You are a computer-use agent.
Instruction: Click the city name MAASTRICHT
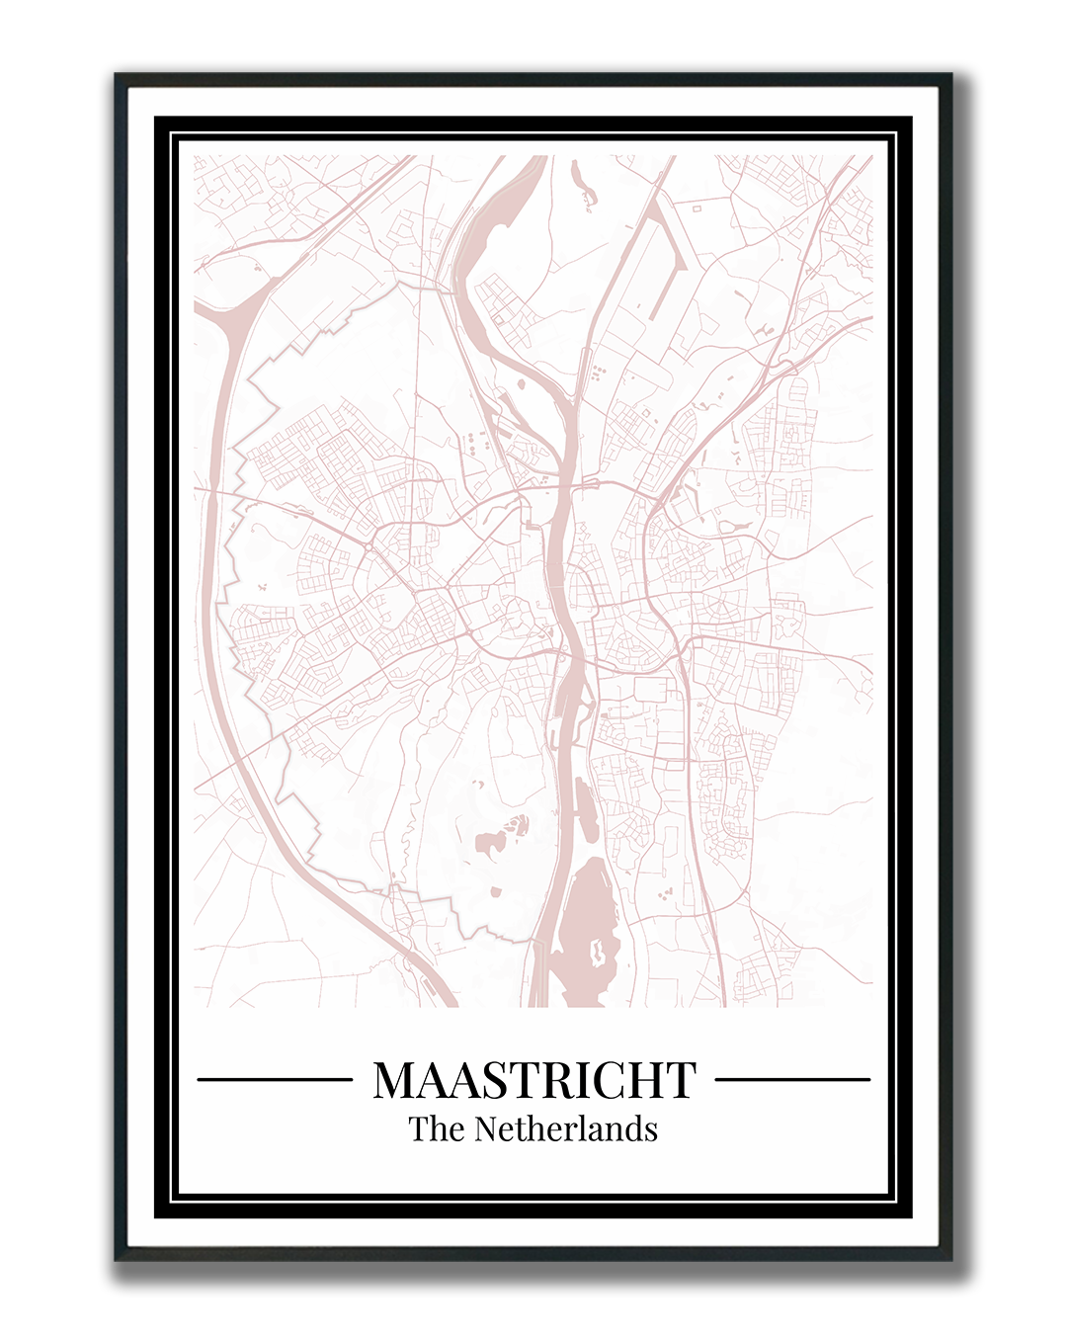click(534, 1080)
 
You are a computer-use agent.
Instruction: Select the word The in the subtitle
click(438, 1128)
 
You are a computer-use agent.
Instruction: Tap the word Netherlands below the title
click(566, 1128)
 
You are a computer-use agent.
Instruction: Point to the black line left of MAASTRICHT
click(275, 1080)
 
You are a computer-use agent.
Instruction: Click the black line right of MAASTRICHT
click(792, 1080)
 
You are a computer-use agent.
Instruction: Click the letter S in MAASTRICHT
click(495, 1080)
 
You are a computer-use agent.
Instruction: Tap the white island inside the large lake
click(597, 953)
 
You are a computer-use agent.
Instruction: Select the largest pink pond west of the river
click(488, 843)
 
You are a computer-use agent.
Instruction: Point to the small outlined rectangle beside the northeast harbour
click(696, 208)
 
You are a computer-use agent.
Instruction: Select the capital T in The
click(419, 1128)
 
